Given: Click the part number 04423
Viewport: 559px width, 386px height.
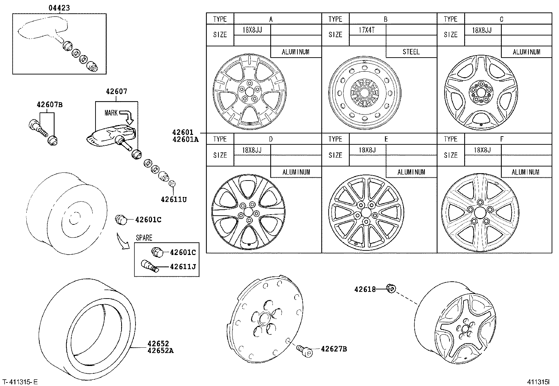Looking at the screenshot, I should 59,7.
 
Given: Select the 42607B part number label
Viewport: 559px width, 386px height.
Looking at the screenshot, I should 49,105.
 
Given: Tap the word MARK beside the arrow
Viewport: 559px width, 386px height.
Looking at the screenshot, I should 111,113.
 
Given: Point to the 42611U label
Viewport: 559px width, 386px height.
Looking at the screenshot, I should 173,199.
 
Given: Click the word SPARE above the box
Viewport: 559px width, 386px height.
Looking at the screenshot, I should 144,238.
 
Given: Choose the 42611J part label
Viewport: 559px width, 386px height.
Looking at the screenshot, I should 183,266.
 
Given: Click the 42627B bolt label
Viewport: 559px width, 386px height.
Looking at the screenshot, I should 334,349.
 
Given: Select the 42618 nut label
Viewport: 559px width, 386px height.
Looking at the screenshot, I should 365,289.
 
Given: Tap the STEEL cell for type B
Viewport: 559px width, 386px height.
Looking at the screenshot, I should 411,52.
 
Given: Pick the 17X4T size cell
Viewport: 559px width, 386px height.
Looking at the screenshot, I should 367,30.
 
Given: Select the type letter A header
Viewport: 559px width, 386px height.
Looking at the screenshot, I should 271,19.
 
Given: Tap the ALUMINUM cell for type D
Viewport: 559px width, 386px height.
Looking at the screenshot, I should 296,172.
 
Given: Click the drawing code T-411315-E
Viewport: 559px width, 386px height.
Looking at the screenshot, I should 20,382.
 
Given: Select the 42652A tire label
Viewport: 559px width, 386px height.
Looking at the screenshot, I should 160,350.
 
